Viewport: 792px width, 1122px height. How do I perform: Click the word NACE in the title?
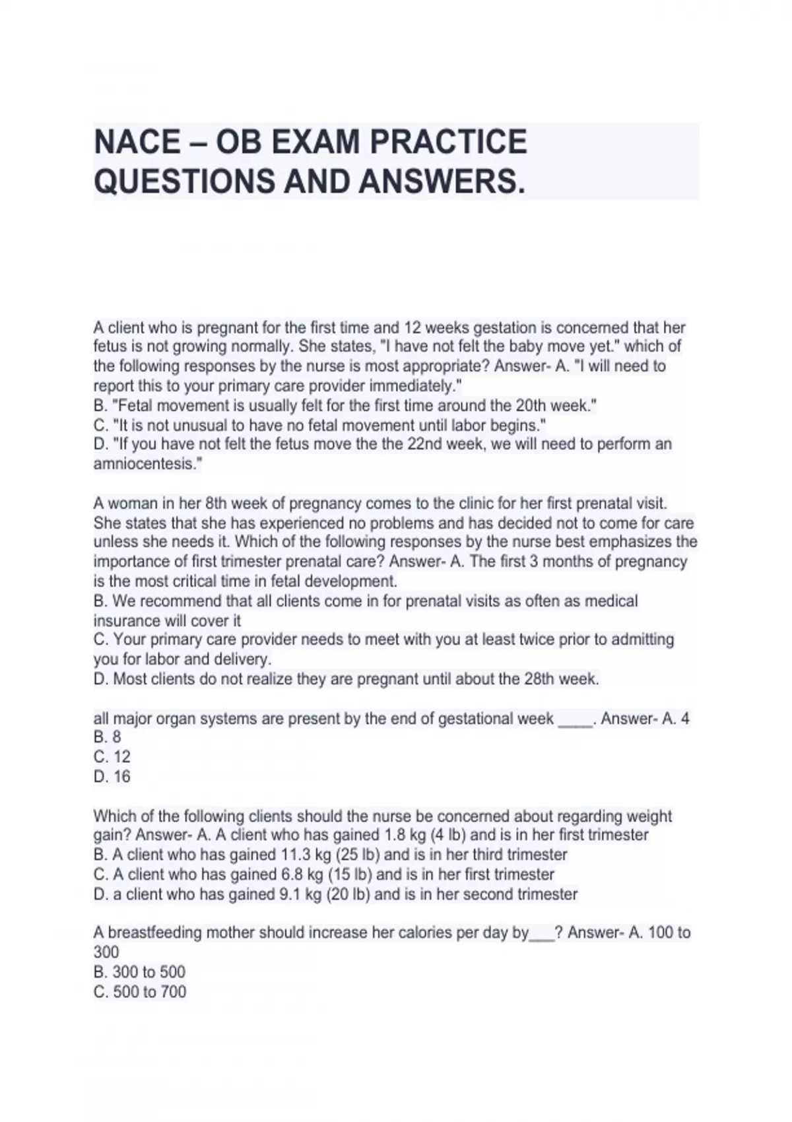coord(137,143)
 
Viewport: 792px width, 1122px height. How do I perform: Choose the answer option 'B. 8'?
coord(108,737)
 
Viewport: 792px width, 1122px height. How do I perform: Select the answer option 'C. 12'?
coord(112,757)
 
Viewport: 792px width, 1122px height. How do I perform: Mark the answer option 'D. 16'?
coord(112,777)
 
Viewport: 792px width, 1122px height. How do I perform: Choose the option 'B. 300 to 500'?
coord(139,972)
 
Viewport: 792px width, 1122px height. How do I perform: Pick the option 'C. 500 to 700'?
coord(140,992)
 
